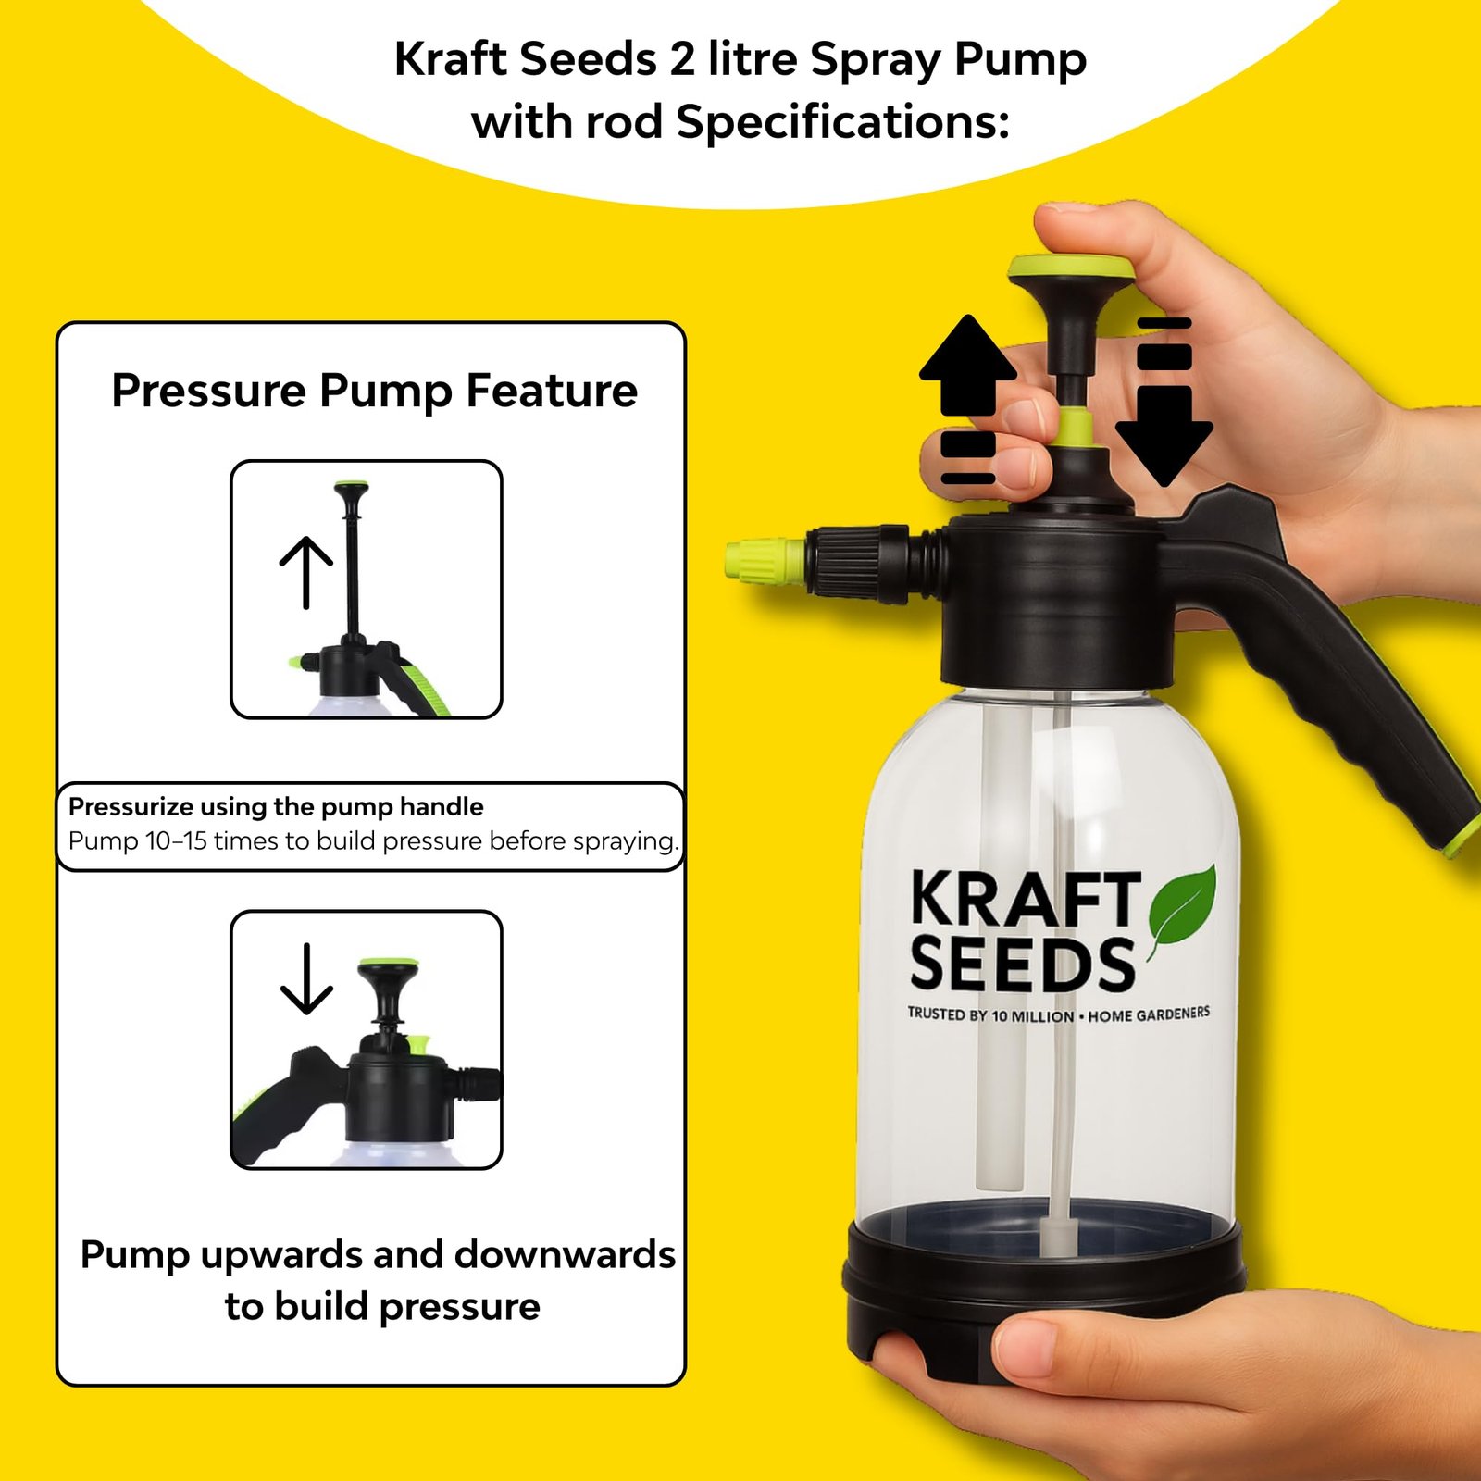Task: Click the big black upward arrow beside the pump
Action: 968,365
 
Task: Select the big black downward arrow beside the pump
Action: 1164,436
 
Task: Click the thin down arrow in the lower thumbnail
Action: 306,978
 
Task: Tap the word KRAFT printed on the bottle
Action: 1026,899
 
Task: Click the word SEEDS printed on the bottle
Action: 1022,964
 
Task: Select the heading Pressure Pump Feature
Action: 375,391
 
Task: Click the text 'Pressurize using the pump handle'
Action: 276,806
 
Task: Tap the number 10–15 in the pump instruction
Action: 176,840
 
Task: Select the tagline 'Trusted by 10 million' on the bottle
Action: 990,1015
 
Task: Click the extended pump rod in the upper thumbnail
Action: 352,574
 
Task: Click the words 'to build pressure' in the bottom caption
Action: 382,1306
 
